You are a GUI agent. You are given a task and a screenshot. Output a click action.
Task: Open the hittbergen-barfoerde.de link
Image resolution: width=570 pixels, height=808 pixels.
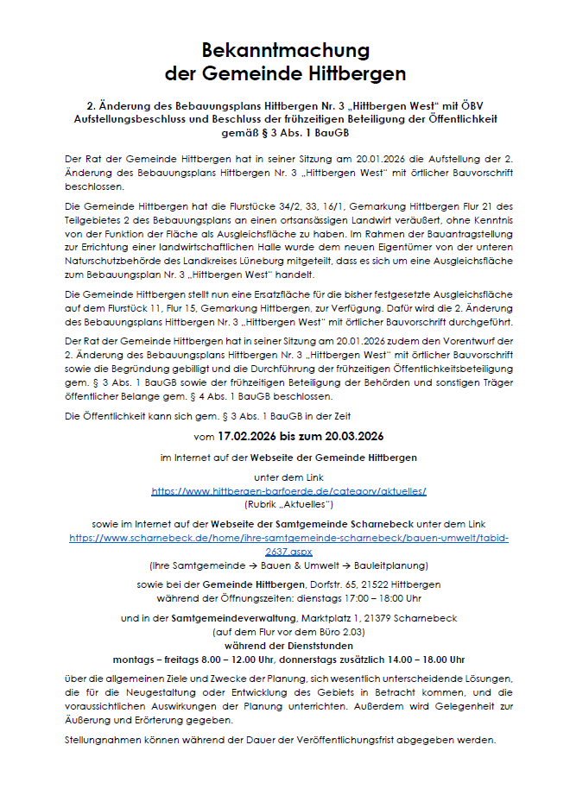[x=288, y=490]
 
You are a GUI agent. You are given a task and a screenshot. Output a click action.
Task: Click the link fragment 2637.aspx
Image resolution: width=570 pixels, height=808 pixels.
[x=288, y=550]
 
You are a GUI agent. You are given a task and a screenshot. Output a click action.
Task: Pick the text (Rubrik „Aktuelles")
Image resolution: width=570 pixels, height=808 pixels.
[x=288, y=502]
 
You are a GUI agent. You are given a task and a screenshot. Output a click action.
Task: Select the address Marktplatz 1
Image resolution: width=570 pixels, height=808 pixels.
[x=332, y=618]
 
